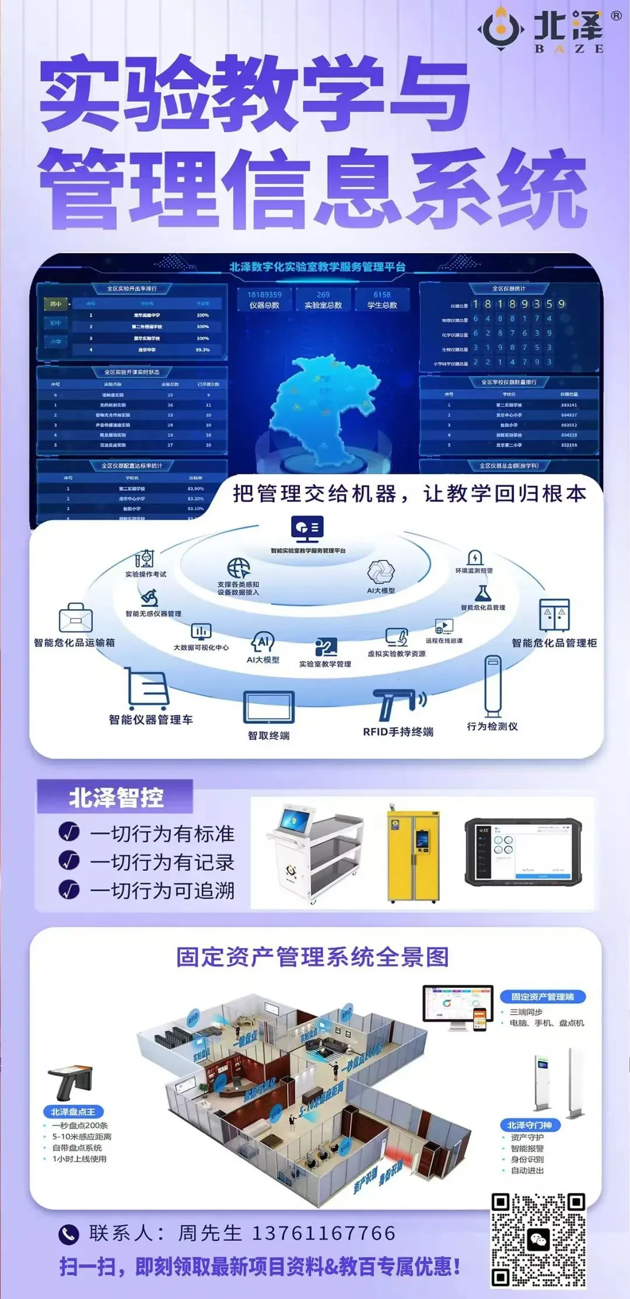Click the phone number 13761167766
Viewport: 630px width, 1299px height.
(x=324, y=1233)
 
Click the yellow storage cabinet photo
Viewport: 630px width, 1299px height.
(x=413, y=853)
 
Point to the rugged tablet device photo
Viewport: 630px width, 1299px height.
(x=523, y=851)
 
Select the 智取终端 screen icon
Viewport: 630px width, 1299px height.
(x=269, y=708)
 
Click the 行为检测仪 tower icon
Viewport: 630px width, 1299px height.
(x=493, y=686)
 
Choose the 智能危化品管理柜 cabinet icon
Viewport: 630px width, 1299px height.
(x=554, y=615)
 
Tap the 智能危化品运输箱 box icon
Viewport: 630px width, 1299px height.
(x=76, y=618)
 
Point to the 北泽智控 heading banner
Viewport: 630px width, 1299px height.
(x=116, y=797)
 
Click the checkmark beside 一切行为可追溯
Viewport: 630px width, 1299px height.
(x=69, y=890)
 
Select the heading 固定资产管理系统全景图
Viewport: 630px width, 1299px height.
(x=313, y=957)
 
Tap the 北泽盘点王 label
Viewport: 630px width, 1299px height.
(x=73, y=1112)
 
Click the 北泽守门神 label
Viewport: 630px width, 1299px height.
(x=530, y=1125)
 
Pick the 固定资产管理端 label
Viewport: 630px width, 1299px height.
(x=542, y=997)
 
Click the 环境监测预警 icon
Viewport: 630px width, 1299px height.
(x=475, y=557)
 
